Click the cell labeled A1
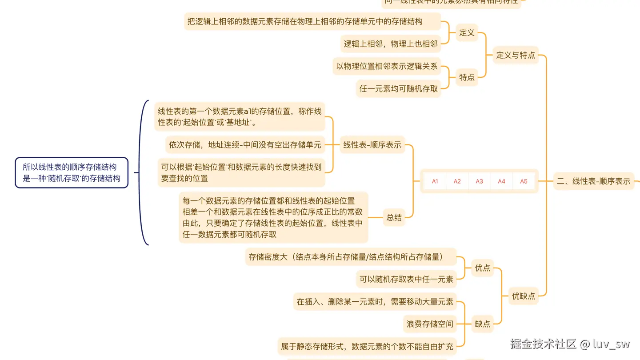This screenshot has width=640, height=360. [435, 181]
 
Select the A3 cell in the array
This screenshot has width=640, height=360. [480, 181]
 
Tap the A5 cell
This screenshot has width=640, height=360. [524, 181]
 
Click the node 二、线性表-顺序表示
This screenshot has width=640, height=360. [594, 181]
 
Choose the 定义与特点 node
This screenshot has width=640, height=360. [516, 56]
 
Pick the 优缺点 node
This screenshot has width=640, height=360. [523, 296]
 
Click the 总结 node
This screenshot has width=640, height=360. [394, 217]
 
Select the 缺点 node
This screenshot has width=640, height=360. [482, 324]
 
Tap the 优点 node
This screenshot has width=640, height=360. [482, 268]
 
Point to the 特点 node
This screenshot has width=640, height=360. [467, 77]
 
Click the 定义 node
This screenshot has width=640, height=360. [467, 33]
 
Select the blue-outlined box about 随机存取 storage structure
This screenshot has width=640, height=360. [72, 173]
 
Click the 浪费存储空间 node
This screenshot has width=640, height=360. [430, 324]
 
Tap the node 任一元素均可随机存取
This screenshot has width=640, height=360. [399, 89]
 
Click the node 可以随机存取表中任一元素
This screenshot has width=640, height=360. [406, 280]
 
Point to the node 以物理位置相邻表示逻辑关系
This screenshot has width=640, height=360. [387, 67]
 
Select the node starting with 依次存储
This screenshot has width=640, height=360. [245, 144]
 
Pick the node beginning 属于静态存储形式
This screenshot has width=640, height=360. [367, 346]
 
